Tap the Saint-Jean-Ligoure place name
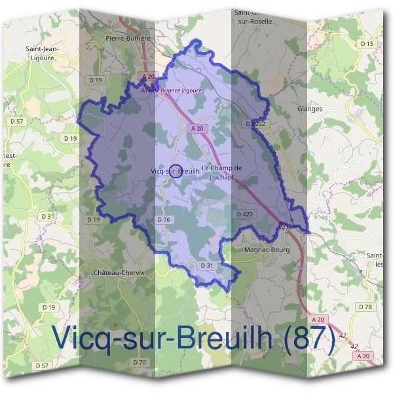coord(40,52)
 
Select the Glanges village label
coord(310,109)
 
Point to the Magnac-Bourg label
coord(265,250)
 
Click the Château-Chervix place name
coord(119,272)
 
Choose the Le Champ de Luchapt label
coord(222,172)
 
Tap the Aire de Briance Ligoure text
coord(172,90)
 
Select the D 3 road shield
coord(46,215)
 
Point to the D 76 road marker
coord(164,219)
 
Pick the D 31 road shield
coord(206,265)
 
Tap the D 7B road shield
coord(365,307)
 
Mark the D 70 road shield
coord(140,362)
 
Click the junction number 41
coord(284,228)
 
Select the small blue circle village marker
coord(176,172)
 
